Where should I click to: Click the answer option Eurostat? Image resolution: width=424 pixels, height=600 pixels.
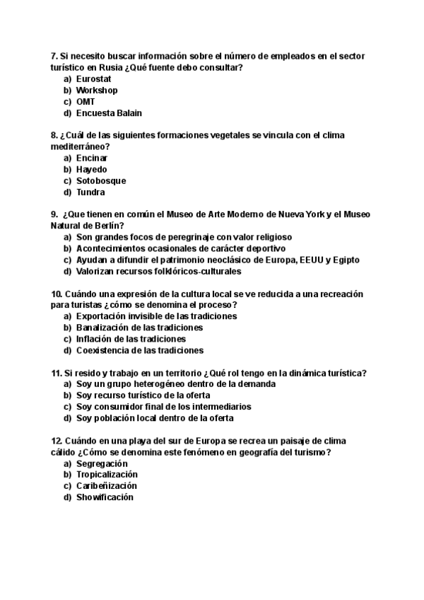point(93,79)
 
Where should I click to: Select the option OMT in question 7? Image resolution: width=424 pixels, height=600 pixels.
point(86,101)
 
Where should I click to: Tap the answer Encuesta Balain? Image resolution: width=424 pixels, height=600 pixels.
point(109,112)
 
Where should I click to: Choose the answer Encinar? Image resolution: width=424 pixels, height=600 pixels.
point(92,158)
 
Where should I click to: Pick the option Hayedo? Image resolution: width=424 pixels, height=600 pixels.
point(92,169)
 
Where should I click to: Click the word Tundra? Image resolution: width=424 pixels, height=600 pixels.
point(90,192)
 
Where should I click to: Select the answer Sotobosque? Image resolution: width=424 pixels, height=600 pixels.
point(100,180)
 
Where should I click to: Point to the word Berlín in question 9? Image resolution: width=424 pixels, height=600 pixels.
point(106,226)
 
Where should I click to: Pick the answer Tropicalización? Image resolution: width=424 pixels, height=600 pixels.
point(107,475)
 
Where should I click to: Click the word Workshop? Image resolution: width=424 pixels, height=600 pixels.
point(97,90)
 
